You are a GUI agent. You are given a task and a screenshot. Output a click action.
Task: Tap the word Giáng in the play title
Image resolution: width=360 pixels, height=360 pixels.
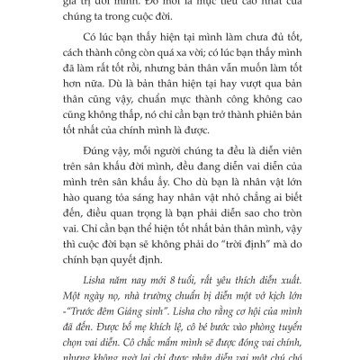134,310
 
